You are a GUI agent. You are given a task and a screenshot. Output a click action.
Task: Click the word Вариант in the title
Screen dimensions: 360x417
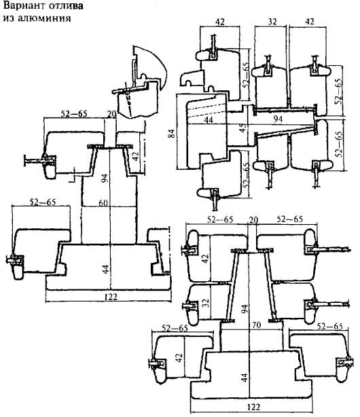[x=24, y=6]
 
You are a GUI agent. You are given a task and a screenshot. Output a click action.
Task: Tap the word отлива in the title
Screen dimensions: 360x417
[x=66, y=6]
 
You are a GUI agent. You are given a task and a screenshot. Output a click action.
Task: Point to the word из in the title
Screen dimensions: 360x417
[x=9, y=18]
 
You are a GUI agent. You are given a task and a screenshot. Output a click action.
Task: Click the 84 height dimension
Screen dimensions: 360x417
[x=172, y=133]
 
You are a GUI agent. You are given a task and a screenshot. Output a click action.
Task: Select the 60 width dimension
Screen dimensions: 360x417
[x=103, y=203]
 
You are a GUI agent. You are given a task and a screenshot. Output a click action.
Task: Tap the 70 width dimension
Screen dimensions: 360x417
[x=256, y=325]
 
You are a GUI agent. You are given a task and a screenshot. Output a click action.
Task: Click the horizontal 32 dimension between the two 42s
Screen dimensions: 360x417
[x=272, y=22]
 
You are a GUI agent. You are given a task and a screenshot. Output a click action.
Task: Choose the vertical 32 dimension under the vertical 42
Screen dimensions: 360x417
[x=206, y=302]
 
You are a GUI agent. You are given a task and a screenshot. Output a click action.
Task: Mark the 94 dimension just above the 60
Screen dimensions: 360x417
[x=105, y=178]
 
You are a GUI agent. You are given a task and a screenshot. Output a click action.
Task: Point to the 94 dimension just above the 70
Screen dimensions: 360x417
[x=245, y=309]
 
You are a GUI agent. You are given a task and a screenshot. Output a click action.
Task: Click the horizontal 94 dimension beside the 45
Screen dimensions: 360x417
[x=278, y=119]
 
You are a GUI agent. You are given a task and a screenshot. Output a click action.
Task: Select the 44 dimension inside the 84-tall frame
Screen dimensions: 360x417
[x=209, y=120]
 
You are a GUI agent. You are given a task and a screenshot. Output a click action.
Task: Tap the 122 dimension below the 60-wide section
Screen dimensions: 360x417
[x=111, y=297]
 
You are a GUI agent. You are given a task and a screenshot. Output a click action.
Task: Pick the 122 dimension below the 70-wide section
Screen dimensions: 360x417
[x=253, y=407]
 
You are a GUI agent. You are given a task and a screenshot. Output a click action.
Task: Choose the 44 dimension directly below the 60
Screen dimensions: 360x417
[x=106, y=269]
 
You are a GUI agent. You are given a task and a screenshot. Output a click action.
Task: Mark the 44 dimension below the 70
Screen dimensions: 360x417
[x=245, y=378]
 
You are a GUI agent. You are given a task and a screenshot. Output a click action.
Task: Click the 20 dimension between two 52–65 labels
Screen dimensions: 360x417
[x=253, y=219]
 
